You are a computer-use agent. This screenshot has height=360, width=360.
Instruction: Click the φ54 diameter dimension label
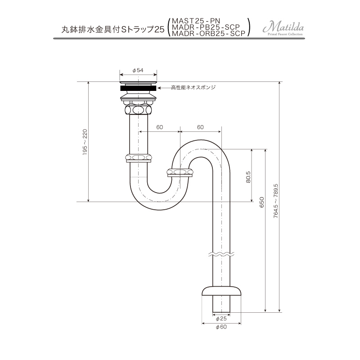(x=138, y=70)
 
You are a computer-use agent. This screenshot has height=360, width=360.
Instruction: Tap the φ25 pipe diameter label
(x=221, y=319)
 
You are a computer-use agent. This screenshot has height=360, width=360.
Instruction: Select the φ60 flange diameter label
(x=221, y=327)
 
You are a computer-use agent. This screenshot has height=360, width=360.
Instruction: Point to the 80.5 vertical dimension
(x=248, y=177)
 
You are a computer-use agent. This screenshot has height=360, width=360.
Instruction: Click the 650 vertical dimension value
(x=262, y=202)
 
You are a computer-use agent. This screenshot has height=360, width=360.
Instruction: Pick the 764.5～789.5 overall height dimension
(x=276, y=201)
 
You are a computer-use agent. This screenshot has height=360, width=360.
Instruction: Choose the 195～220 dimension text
(x=85, y=142)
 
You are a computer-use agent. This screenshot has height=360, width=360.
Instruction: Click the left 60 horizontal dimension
(x=160, y=127)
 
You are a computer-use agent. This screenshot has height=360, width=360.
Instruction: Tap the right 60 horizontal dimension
(x=200, y=127)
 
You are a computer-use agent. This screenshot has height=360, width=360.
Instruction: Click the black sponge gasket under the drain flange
(x=138, y=88)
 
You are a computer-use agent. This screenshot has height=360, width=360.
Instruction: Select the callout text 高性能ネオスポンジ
(x=193, y=87)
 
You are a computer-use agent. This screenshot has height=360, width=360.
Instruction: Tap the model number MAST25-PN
(x=196, y=21)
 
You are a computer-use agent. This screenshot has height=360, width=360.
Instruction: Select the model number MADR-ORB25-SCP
(x=208, y=33)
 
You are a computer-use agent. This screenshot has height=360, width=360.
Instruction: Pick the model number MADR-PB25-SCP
(x=206, y=27)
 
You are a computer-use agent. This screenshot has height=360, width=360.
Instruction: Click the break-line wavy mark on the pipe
(x=221, y=254)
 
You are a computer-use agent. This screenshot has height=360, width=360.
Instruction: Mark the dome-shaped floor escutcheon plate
(x=221, y=290)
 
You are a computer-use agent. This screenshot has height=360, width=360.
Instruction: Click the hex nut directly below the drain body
(x=138, y=109)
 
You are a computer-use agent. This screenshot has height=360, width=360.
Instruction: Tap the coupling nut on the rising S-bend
(x=180, y=172)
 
